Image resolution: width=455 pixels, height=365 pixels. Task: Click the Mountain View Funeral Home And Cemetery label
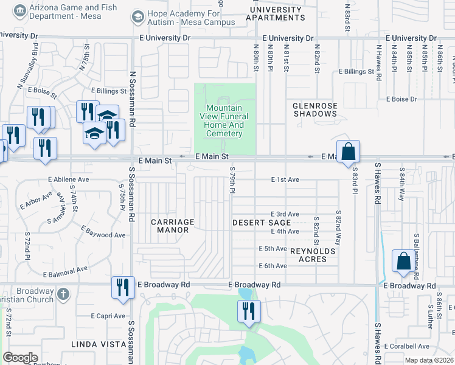224,120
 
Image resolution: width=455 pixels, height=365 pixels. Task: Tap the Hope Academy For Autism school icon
139,18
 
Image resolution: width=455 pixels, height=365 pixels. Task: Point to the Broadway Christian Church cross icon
63,296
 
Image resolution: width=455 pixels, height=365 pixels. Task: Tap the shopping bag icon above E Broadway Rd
403,261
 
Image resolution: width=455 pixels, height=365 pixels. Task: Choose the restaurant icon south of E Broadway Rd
249,311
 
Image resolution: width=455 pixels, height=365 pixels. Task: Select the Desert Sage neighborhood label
262,223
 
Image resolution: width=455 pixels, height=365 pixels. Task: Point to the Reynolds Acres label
313,255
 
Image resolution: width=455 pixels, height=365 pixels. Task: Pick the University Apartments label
274,13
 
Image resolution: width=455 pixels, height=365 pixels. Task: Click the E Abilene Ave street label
69,180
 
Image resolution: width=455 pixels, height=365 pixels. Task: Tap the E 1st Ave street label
285,180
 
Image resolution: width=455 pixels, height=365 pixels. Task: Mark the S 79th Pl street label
232,182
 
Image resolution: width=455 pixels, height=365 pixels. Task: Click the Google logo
20,358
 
